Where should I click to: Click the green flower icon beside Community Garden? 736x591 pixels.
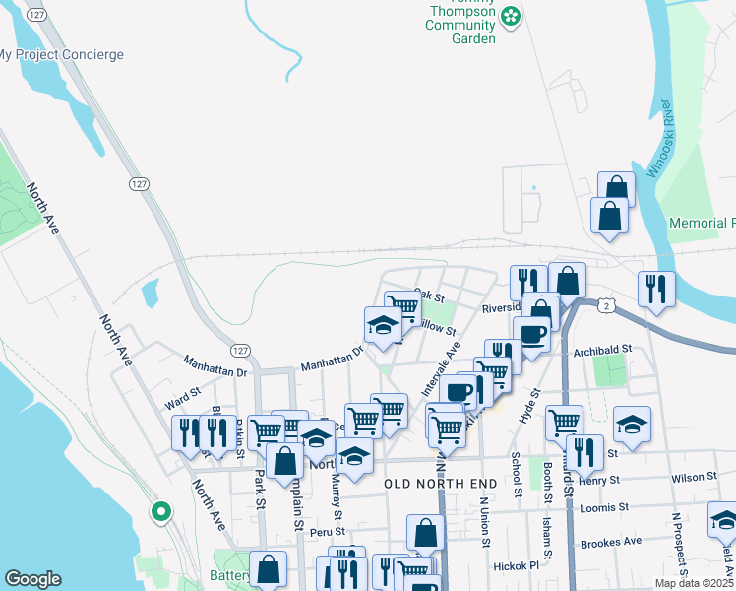click(x=511, y=15)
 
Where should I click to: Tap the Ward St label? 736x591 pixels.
click(x=183, y=401)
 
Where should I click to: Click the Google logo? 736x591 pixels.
click(x=32, y=579)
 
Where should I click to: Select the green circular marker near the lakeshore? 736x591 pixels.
click(x=160, y=512)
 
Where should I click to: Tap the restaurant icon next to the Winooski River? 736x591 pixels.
click(x=655, y=289)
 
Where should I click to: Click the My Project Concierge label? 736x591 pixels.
click(x=61, y=55)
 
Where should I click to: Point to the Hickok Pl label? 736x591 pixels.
click(x=520, y=566)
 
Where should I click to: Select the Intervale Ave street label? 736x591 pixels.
click(x=441, y=368)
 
